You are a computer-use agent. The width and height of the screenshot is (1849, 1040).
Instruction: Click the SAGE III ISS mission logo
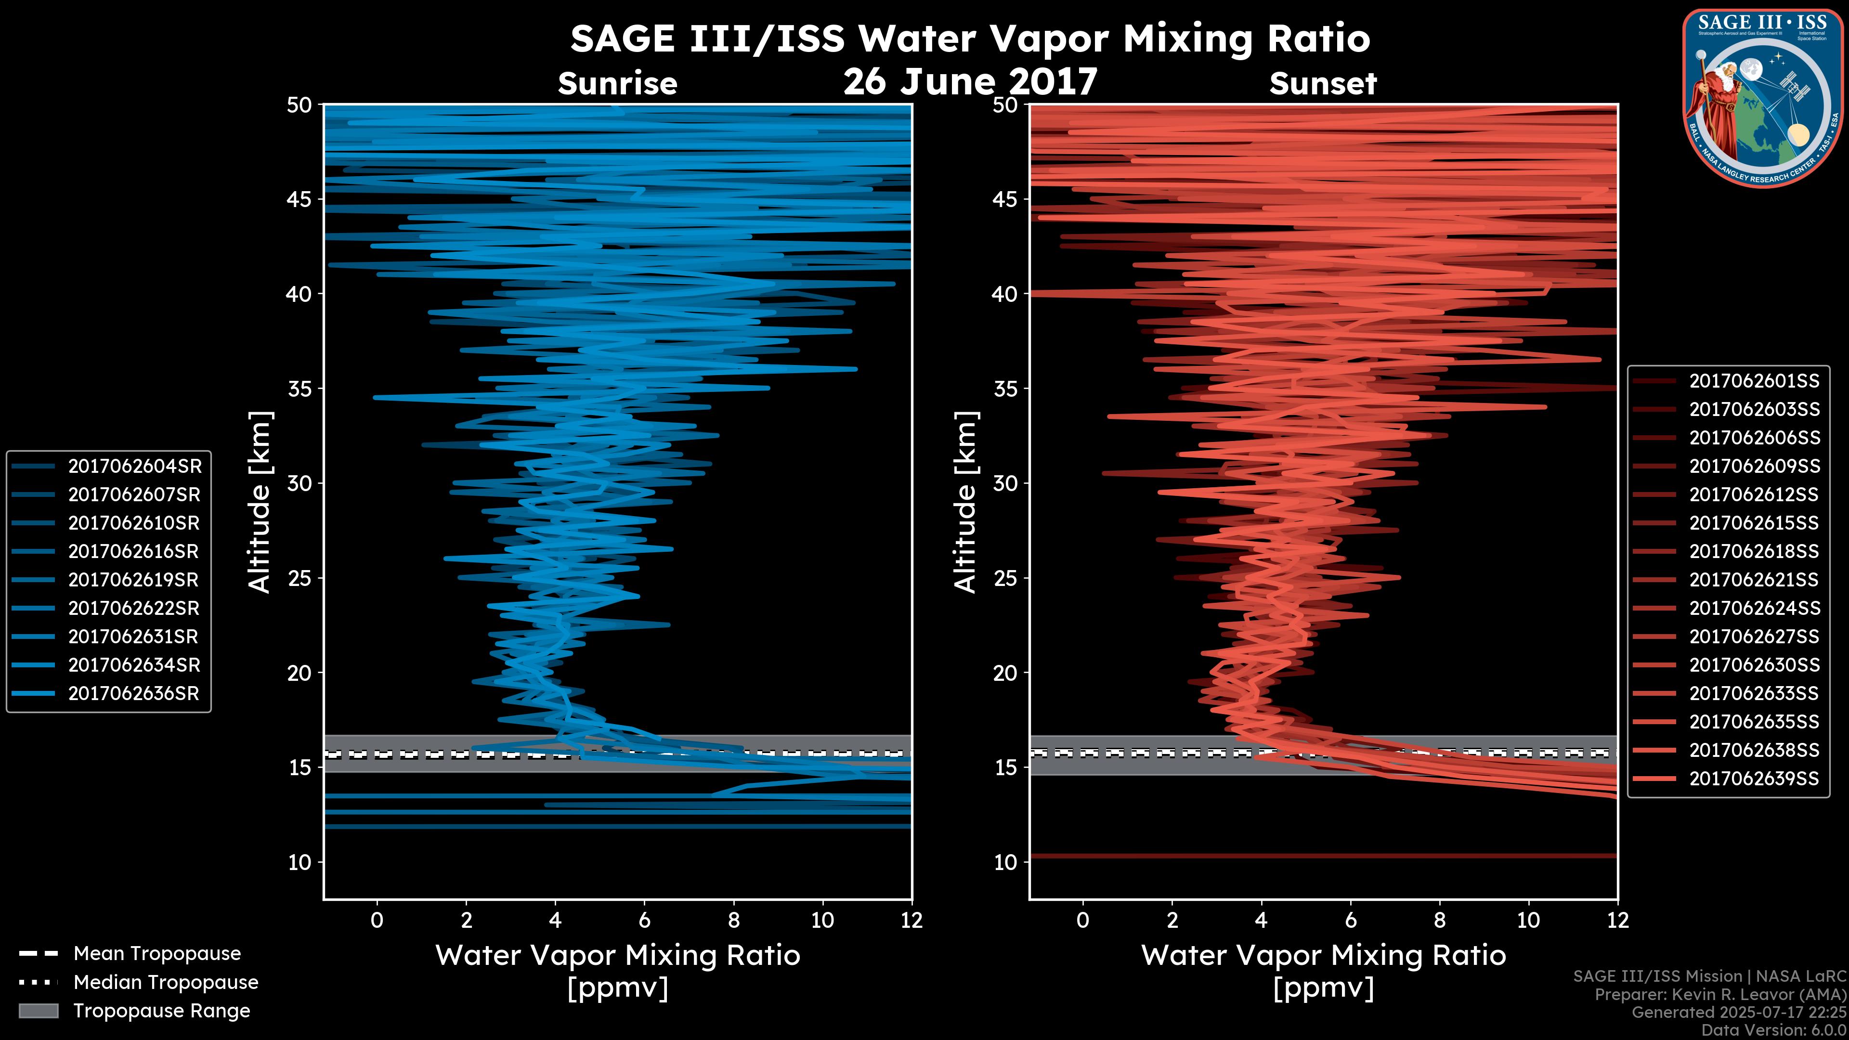(1763, 98)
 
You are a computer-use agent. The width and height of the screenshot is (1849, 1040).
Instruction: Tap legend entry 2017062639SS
(1754, 779)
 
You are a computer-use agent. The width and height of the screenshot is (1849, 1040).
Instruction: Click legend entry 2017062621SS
(1754, 580)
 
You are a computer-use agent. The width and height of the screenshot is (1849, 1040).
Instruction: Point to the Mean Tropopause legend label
(156, 954)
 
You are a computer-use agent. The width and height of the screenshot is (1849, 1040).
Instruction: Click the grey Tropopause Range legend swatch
(38, 1011)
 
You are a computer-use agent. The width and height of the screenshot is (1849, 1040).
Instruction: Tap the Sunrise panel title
(617, 84)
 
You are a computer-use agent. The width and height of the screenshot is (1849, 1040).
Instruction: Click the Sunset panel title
(1323, 84)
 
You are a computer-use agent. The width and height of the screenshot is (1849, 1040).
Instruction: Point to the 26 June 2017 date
(970, 81)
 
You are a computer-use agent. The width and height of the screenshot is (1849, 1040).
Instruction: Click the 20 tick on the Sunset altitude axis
(1005, 673)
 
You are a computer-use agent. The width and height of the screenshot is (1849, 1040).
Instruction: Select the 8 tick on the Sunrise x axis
(733, 920)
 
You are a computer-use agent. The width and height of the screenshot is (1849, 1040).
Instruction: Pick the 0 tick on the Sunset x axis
(1082, 920)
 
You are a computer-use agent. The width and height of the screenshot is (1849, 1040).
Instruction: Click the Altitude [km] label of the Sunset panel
(965, 502)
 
